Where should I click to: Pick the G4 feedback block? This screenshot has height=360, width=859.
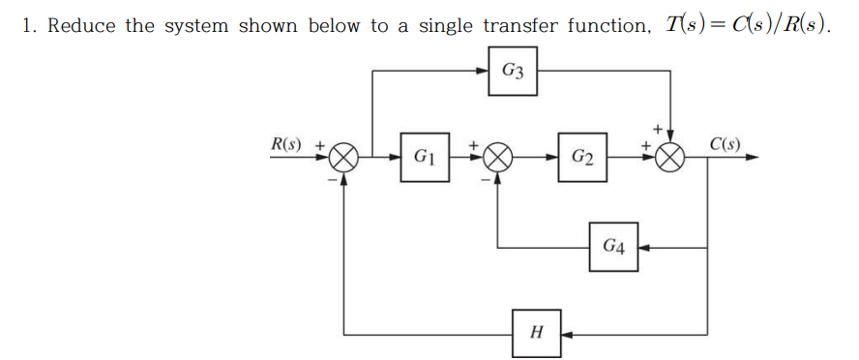(613, 248)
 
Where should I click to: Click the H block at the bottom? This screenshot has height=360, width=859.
(538, 334)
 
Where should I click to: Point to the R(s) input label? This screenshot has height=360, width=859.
(285, 145)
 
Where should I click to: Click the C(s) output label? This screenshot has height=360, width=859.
(726, 145)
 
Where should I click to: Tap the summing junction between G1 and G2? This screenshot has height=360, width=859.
(498, 157)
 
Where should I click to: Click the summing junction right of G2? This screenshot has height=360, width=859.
(670, 157)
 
